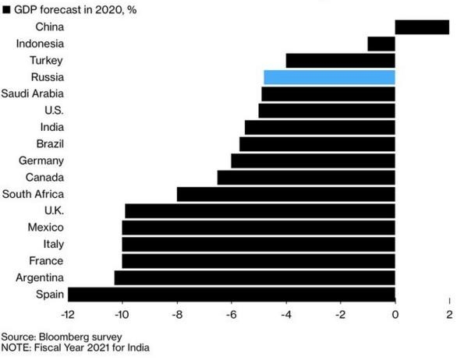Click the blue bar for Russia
pos(329,77)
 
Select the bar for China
pos(422,27)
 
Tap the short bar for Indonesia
pos(381,44)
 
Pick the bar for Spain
pos(232,294)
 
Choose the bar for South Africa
pos(286,194)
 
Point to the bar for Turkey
pos(341,60)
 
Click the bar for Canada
pos(306,177)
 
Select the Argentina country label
pos(40,277)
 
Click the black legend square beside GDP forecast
pos(5,9)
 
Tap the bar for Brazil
pos(317,143)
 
